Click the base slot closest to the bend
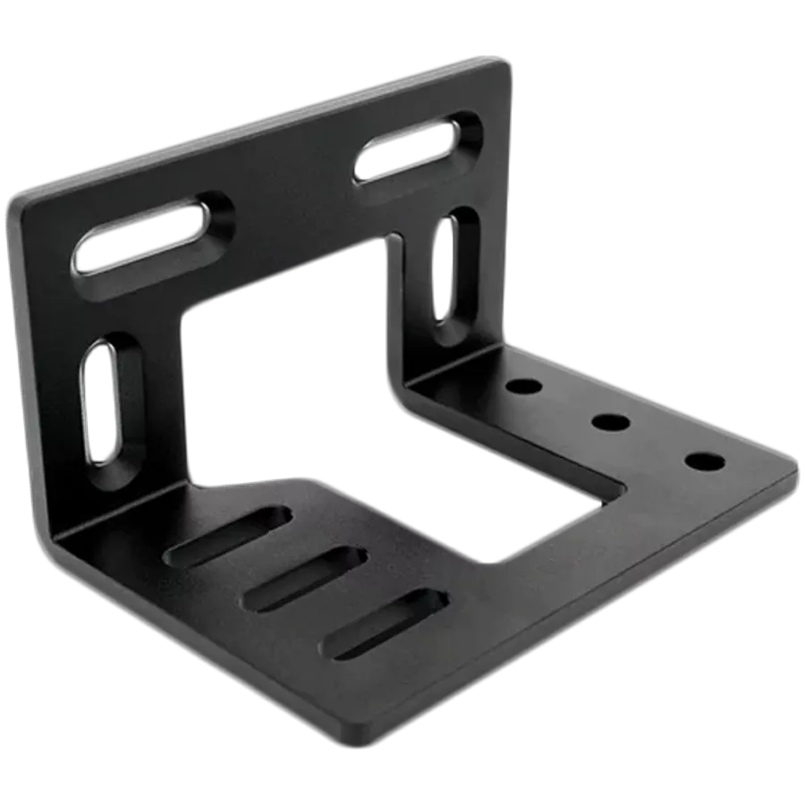tap(228, 537)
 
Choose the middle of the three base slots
tap(305, 580)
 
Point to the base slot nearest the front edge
tap(385, 623)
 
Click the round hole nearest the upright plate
tap(523, 387)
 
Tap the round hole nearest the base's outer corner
tap(704, 462)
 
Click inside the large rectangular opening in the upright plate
tap(286, 376)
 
